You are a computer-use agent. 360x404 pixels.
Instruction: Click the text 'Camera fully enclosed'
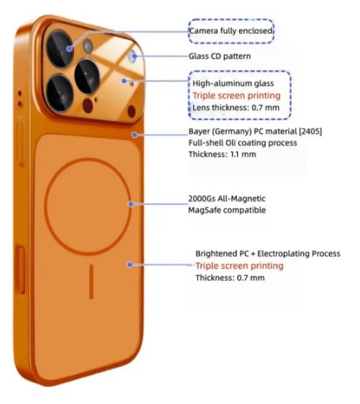point(231,31)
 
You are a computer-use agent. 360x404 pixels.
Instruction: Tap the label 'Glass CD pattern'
point(219,56)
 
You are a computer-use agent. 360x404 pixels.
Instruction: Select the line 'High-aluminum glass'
point(233,83)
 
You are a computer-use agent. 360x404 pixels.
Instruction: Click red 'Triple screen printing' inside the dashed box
point(237,96)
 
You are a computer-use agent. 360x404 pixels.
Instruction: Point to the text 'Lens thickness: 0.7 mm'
point(236,107)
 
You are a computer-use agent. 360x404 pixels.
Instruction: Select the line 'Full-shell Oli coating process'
point(243,143)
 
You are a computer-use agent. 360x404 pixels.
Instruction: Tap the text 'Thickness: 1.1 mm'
point(222,154)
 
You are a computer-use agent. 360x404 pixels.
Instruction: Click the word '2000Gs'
point(202,198)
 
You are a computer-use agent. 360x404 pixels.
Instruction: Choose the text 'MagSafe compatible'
point(227,210)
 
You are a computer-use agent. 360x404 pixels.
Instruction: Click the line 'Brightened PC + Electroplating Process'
point(268,253)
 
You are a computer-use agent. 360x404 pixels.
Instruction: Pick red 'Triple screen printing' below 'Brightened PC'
point(240,266)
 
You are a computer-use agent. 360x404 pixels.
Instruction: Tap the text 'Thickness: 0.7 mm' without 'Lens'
point(230,278)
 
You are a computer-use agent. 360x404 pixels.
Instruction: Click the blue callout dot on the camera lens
point(69,49)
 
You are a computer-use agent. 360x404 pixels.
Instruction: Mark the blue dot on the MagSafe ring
point(131,204)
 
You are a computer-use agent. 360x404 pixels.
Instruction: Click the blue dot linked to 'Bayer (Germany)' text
point(135,135)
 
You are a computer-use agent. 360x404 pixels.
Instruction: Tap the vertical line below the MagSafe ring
point(91,282)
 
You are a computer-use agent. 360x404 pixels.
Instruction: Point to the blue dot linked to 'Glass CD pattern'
point(135,56)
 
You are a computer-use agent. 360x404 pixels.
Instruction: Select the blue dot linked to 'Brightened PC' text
point(130,264)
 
